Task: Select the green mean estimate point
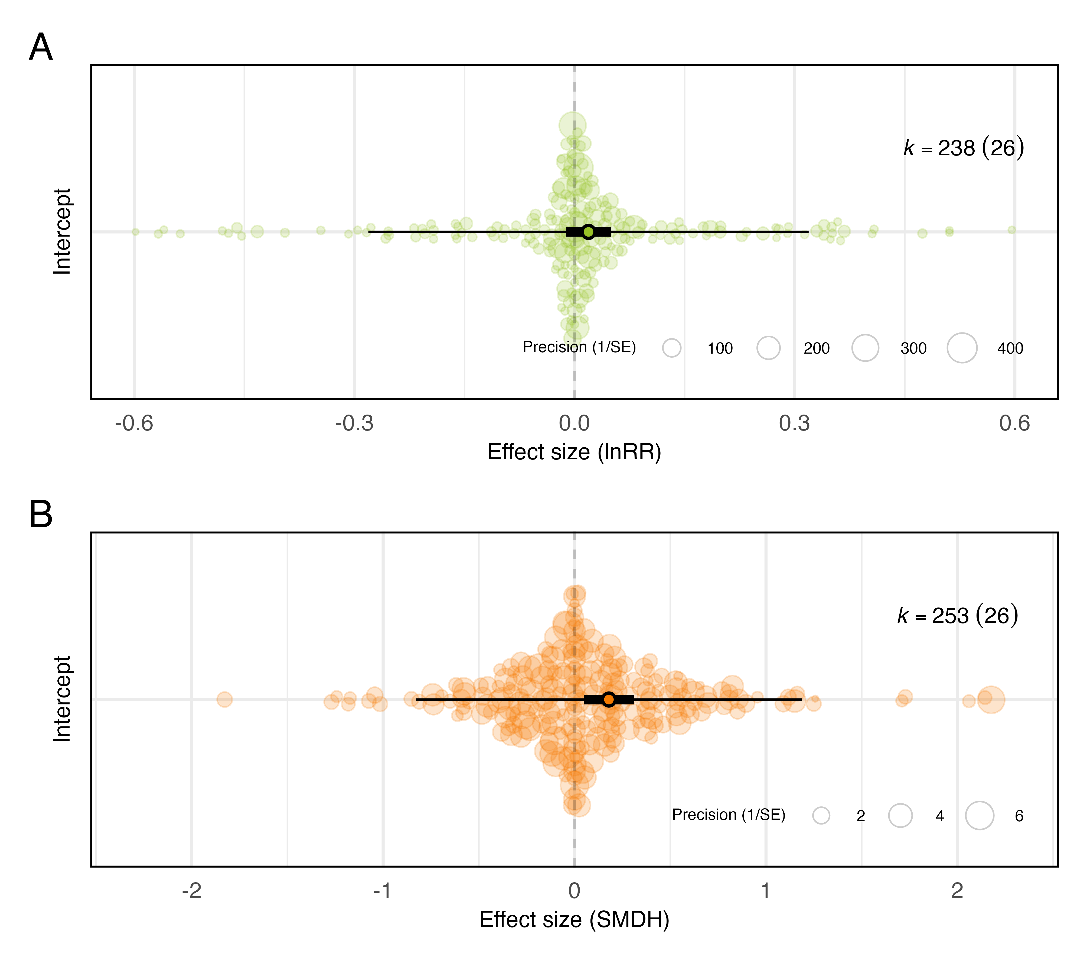point(588,231)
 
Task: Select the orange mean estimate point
point(609,699)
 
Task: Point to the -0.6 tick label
point(134,424)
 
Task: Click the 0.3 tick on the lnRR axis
point(795,424)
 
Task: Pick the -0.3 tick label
point(354,424)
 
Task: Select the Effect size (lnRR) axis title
point(574,452)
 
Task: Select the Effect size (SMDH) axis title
point(574,920)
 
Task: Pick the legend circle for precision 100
point(672,348)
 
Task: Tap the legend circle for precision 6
point(980,815)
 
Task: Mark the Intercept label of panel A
point(62,231)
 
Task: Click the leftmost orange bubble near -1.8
point(225,699)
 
